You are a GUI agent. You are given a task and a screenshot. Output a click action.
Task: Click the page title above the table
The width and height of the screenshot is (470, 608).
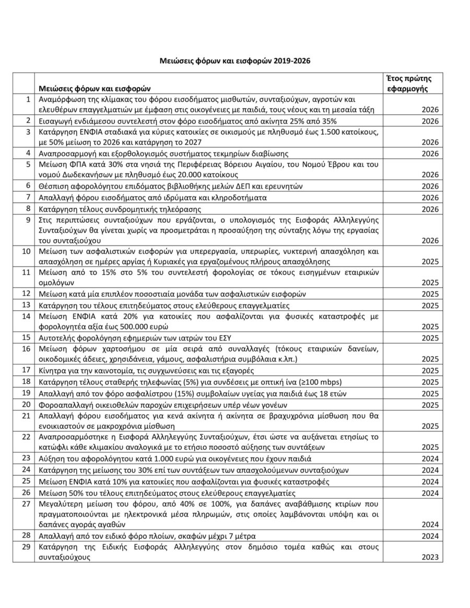click(x=235, y=61)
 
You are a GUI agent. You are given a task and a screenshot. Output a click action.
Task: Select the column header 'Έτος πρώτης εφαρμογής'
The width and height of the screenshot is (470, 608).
click(x=408, y=83)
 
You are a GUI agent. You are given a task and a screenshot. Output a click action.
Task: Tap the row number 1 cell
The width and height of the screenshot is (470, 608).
click(x=27, y=99)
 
